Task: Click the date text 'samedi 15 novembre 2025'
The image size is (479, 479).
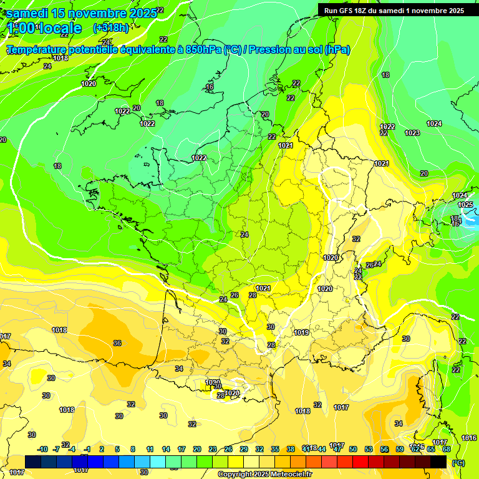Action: click(81, 13)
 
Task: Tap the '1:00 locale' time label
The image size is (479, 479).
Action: click(44, 28)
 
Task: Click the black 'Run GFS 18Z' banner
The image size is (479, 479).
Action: click(394, 11)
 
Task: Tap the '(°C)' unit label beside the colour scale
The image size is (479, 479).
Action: click(458, 463)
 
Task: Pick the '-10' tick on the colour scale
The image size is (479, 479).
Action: click(42, 450)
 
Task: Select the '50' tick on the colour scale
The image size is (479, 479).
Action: click(353, 450)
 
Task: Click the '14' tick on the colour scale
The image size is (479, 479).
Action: click(166, 450)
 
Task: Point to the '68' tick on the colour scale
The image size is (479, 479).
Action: click(447, 450)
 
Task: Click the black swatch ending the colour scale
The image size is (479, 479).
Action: click(438, 462)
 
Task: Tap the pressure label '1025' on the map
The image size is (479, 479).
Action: click(465, 205)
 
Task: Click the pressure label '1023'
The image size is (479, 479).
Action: click(412, 133)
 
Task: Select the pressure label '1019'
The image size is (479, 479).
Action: click(301, 332)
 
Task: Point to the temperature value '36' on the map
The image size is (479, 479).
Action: click(117, 343)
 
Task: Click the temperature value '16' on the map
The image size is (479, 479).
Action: click(210, 87)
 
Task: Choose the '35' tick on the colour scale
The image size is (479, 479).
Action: click(275, 450)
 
